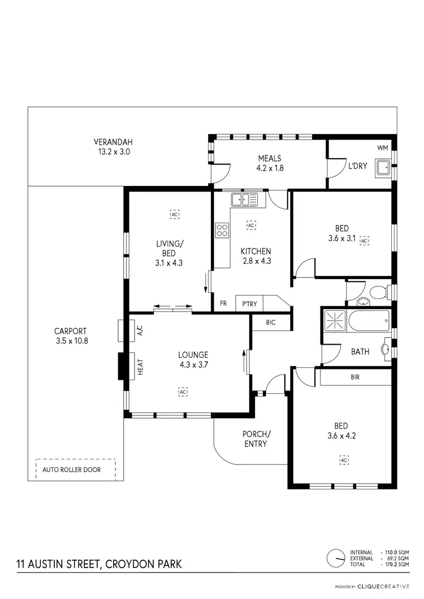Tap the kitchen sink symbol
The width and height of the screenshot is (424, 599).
coord(244,199)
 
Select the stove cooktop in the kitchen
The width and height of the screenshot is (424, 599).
coord(222,230)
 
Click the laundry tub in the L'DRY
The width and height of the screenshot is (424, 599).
coord(384,168)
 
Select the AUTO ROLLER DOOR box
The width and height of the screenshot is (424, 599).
coord(75,469)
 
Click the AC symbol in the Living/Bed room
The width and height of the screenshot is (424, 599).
coord(174,214)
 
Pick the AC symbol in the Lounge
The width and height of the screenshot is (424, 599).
coord(183,391)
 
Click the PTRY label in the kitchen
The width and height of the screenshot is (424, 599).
coord(249,304)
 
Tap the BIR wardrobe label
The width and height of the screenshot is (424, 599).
coord(355,377)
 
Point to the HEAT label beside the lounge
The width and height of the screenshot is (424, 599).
coord(140,367)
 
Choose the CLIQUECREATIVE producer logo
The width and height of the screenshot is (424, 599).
coord(390,587)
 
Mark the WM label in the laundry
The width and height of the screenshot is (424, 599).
coord(383,148)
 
